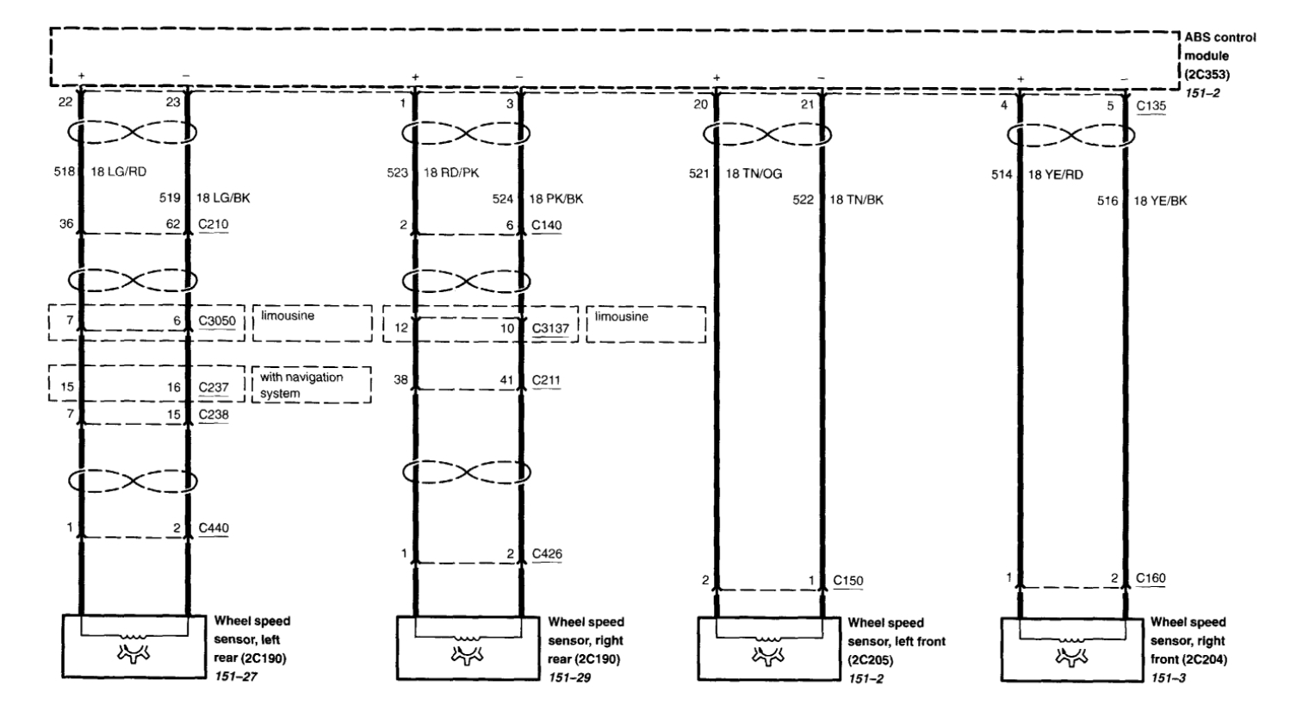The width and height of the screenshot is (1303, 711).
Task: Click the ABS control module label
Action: click(x=1219, y=55)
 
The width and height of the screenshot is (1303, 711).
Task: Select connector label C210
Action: click(x=213, y=225)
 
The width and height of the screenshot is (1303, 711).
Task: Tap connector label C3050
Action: click(x=217, y=321)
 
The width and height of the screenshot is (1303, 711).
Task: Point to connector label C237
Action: click(x=214, y=387)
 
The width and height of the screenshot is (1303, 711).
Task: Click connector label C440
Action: click(x=214, y=527)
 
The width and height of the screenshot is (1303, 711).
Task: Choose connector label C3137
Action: click(x=550, y=328)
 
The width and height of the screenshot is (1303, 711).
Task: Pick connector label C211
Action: click(x=546, y=379)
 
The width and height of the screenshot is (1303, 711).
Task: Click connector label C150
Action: click(x=847, y=580)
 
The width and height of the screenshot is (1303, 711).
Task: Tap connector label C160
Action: click(x=1151, y=578)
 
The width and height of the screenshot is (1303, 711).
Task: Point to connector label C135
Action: click(x=1151, y=106)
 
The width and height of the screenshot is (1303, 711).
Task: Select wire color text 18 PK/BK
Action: click(x=555, y=199)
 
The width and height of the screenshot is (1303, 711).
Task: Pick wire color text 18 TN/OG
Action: click(x=754, y=173)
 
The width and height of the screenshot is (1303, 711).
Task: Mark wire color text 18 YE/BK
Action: click(x=1159, y=201)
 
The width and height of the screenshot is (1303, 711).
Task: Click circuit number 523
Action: click(x=396, y=172)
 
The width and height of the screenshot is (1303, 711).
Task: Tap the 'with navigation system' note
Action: click(x=301, y=385)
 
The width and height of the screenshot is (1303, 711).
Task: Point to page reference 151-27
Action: click(x=235, y=677)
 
